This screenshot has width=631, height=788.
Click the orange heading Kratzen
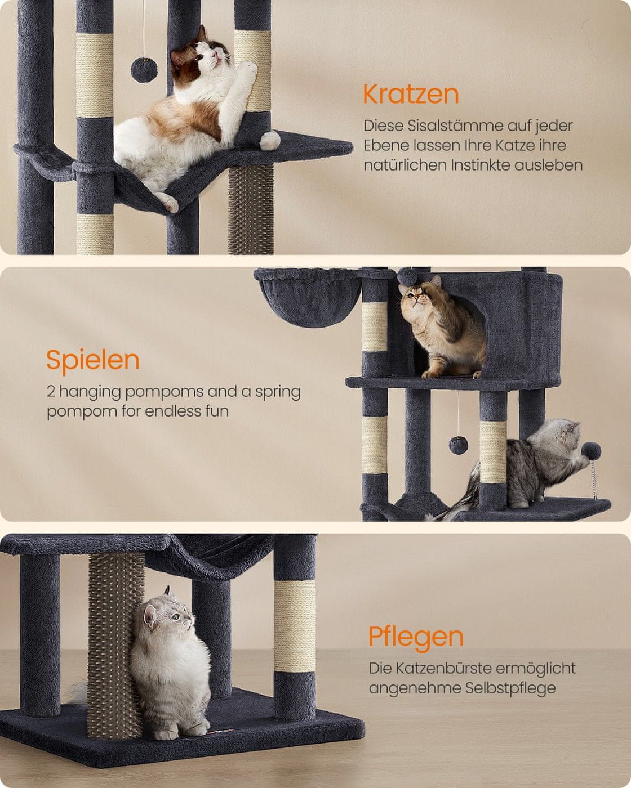(x=411, y=95)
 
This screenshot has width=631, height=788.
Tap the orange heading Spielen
(x=93, y=361)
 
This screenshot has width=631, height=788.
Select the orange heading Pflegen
(x=416, y=638)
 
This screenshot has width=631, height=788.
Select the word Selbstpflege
(x=510, y=688)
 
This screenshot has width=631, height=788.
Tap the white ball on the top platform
(x=269, y=141)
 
